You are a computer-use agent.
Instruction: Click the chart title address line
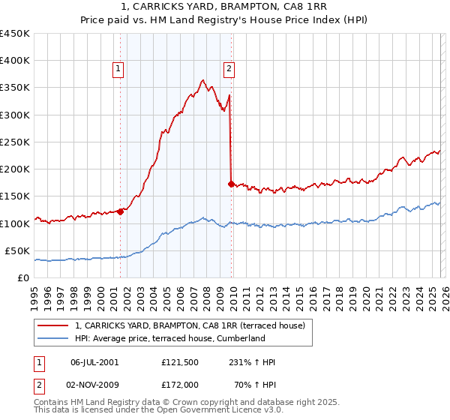point(224,7)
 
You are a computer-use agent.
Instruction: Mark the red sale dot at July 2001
point(120,211)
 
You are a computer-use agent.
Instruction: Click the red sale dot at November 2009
point(230,184)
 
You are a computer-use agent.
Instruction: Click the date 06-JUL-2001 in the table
point(94,362)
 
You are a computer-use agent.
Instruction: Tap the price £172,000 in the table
point(180,384)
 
